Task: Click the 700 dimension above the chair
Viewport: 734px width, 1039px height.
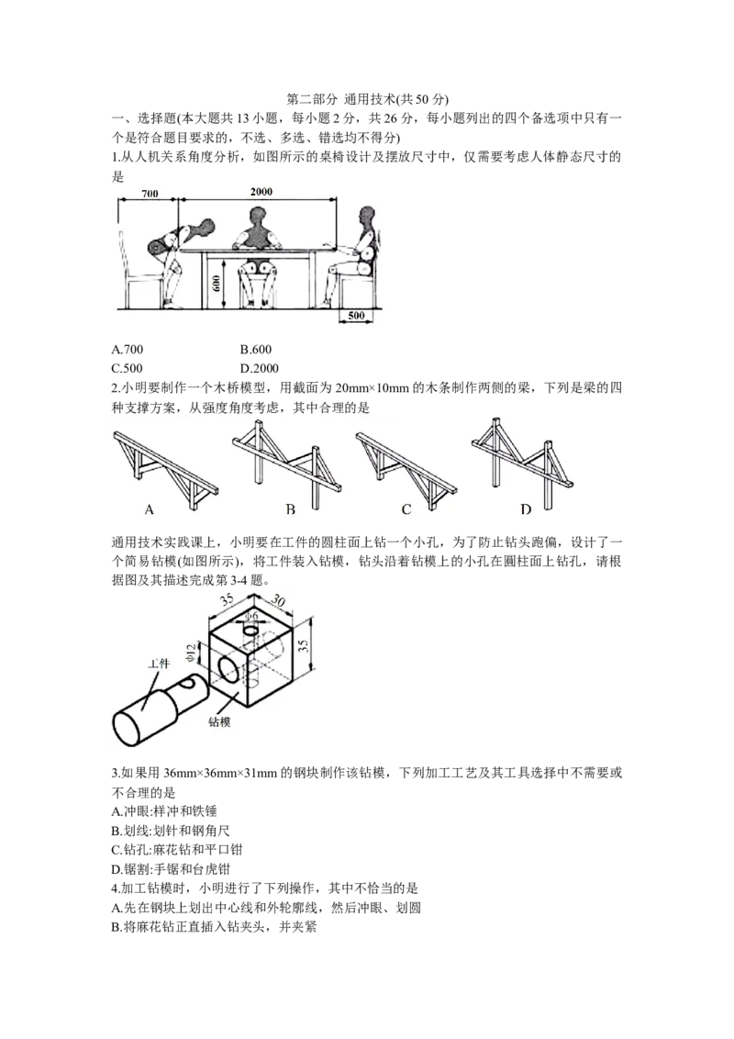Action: pos(150,194)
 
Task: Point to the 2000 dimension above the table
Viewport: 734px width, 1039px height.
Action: pos(261,192)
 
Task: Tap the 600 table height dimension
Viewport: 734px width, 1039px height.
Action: pos(217,285)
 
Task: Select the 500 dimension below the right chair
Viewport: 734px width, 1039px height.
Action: pos(356,316)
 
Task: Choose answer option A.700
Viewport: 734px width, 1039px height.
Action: pos(128,349)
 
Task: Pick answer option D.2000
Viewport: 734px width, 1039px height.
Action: pos(259,368)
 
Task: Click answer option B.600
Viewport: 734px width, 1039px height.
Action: pos(256,349)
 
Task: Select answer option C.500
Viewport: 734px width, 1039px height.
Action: pos(128,368)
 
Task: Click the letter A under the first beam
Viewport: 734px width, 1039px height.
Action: pos(149,509)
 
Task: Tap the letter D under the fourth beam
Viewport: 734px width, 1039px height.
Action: pos(526,509)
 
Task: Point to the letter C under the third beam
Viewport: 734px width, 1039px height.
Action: pos(406,509)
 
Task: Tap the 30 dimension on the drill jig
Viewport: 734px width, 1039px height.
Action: pos(278,600)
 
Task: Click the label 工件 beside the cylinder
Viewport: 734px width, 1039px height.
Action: pos(159,664)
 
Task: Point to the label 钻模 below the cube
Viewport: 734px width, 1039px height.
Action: pos(219,721)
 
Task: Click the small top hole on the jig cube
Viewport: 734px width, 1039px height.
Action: pos(250,630)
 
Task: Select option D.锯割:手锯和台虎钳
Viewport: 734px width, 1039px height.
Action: pos(171,868)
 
